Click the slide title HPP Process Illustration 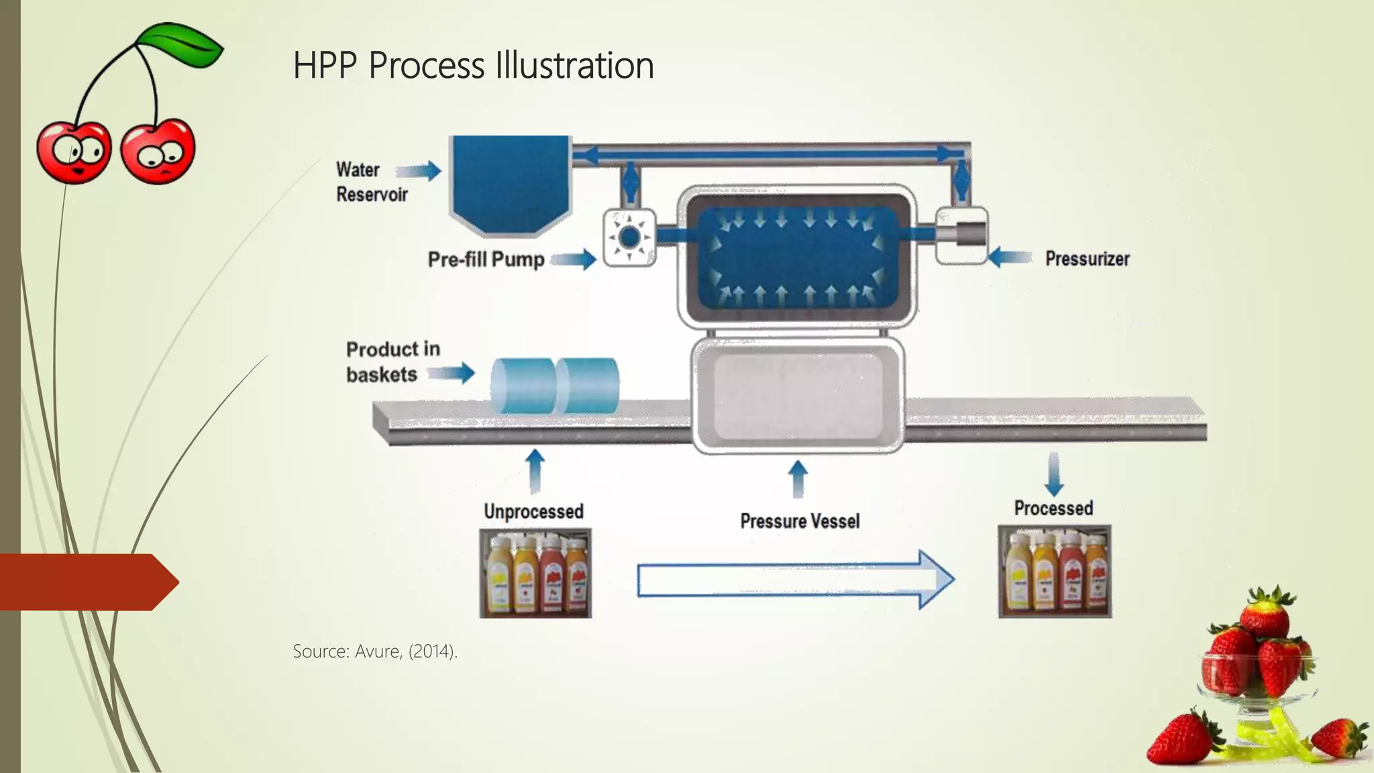(473, 66)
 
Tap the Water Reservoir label (371, 182)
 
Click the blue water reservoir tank (510, 181)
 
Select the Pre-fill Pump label (486, 260)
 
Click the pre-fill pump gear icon (629, 238)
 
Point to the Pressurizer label (1087, 259)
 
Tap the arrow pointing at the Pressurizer (1010, 257)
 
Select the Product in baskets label (392, 362)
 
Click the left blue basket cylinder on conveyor (523, 386)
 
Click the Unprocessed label (533, 511)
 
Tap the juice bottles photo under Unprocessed (535, 573)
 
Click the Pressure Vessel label (800, 521)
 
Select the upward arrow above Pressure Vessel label (798, 478)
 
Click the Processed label (1053, 509)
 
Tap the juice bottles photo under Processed (1055, 572)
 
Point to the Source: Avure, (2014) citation (375, 652)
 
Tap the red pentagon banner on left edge (84, 582)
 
